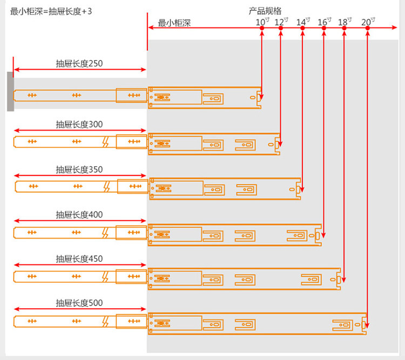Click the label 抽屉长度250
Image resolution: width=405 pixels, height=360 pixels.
coord(79,63)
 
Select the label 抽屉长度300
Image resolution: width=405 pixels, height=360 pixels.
coord(79,124)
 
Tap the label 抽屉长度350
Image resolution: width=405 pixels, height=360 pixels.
coord(79,169)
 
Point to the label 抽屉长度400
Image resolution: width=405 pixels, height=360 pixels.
coord(79,214)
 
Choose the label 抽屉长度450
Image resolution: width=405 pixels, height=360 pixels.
coord(79,259)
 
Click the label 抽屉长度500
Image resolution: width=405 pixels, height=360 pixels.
coord(79,303)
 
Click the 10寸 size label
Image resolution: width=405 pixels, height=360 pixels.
coord(262,22)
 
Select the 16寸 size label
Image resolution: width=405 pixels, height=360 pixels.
coord(324,22)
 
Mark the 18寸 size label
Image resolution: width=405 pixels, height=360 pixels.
coord(345,22)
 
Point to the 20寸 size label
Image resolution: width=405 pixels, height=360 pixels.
coord(368,22)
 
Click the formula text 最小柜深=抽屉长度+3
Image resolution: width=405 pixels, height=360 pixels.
coord(51,10)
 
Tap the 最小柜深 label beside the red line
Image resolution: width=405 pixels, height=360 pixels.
coord(174,23)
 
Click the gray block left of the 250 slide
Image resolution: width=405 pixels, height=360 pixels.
coord(10,91)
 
